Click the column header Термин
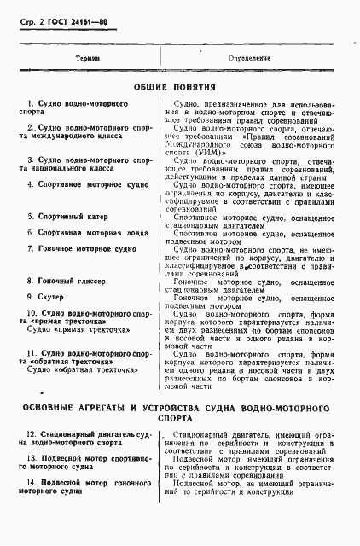point(88,58)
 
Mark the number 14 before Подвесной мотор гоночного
point(31,482)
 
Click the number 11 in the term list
point(31,352)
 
